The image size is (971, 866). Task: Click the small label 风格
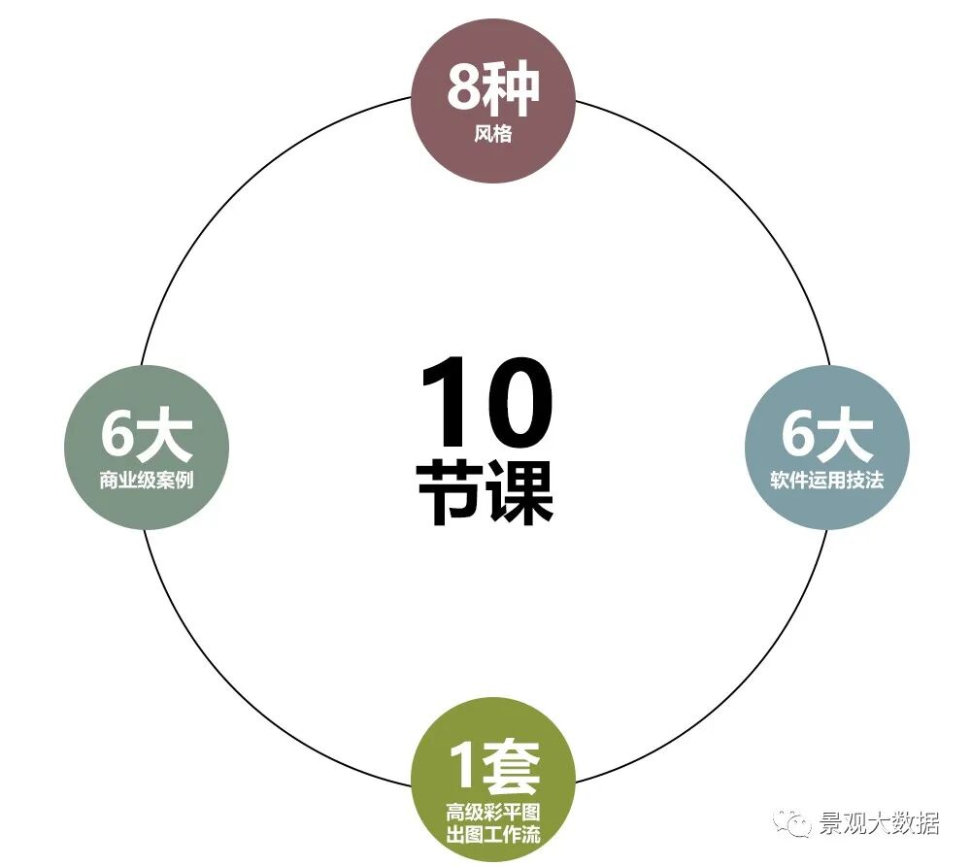point(492,133)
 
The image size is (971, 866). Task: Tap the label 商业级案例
point(147,480)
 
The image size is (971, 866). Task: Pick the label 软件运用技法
point(827,480)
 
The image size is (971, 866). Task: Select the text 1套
point(493,767)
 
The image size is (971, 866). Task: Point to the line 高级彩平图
point(493,812)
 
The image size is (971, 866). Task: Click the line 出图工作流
point(493,834)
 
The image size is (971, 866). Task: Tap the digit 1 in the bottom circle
point(463,767)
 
